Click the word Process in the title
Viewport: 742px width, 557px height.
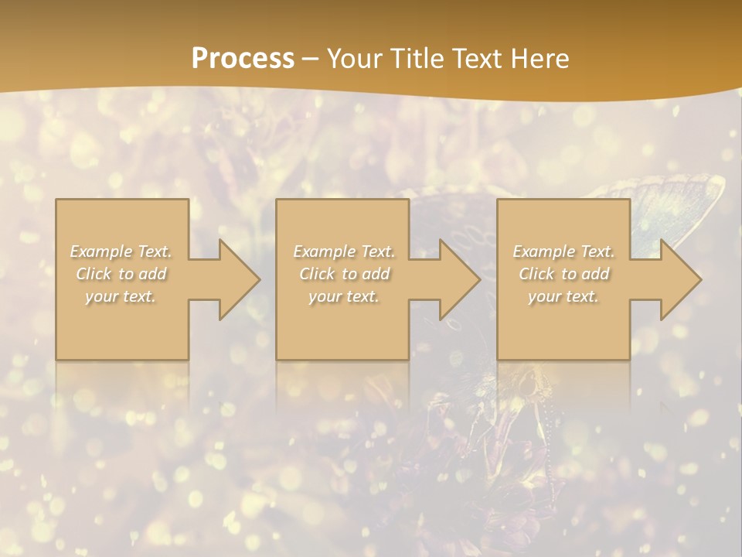click(x=243, y=59)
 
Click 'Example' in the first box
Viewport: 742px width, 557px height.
click(x=100, y=251)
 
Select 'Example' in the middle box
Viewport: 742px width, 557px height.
click(x=323, y=251)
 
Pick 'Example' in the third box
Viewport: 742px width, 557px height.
click(x=543, y=251)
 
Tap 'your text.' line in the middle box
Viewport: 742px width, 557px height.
click(x=343, y=296)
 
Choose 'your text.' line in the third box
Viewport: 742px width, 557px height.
click(x=563, y=296)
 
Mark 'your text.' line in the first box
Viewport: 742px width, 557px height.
click(x=121, y=296)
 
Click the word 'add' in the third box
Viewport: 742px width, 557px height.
click(x=594, y=274)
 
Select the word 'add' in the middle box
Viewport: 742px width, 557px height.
click(x=375, y=274)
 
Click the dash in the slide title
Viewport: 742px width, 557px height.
click(x=311, y=59)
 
